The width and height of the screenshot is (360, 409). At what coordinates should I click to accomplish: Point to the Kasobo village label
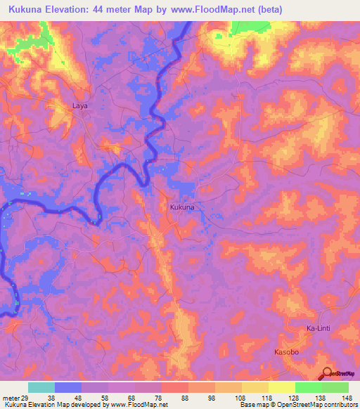(x=286, y=351)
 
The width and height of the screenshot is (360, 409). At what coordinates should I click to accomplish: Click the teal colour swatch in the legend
(x=41, y=387)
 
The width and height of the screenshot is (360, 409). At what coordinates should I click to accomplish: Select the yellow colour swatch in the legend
(x=282, y=387)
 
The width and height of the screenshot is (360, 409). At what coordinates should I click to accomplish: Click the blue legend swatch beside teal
(x=68, y=387)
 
